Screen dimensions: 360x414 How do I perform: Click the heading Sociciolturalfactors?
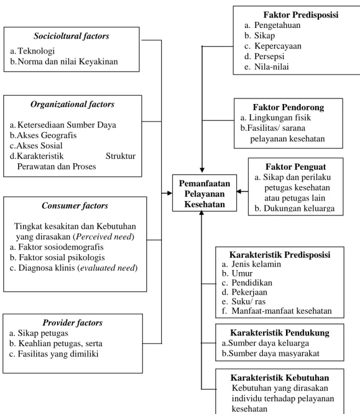[x=71, y=36]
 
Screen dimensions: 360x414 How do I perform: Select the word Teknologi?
[x=36, y=51]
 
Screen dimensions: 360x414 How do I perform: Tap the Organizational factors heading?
[x=72, y=104]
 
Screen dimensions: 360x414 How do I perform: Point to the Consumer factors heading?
[x=75, y=206]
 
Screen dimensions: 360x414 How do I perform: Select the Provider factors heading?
[x=73, y=323]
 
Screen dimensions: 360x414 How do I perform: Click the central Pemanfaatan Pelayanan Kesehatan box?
[x=204, y=193]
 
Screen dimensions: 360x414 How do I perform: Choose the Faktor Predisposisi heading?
[x=301, y=15]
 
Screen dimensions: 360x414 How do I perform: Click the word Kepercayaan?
[x=278, y=46]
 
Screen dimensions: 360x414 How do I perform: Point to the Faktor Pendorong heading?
[x=288, y=107]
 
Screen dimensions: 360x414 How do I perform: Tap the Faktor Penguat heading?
[x=295, y=167]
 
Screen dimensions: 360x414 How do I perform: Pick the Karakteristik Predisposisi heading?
[x=279, y=255]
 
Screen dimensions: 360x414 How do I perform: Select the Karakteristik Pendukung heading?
[x=279, y=333]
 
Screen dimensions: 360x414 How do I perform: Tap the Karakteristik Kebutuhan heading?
[x=279, y=378]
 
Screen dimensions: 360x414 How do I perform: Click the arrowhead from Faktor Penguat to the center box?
[x=239, y=192]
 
